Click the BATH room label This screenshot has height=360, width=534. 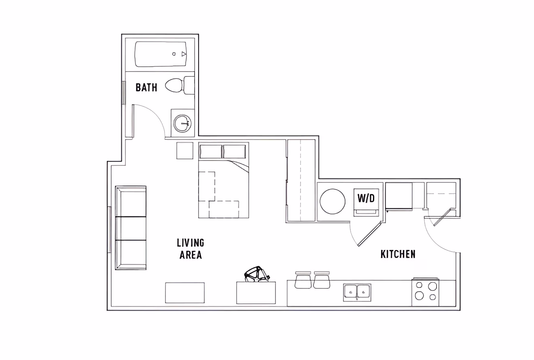146,87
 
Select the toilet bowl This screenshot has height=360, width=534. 174,85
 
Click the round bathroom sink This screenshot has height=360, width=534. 182,123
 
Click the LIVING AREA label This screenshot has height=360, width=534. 191,248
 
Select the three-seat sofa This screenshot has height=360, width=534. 131,228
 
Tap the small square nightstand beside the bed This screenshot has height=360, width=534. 185,150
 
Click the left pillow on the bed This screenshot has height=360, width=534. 211,152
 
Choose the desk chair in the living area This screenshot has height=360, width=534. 256,274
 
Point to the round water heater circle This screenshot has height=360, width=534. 333,201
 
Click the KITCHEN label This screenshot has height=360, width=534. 398,254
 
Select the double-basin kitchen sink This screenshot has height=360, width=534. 357,292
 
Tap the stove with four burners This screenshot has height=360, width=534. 426,292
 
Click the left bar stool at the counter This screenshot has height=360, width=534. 303,280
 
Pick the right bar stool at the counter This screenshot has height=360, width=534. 322,280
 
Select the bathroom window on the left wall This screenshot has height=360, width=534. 124,93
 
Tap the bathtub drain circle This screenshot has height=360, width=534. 174,54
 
